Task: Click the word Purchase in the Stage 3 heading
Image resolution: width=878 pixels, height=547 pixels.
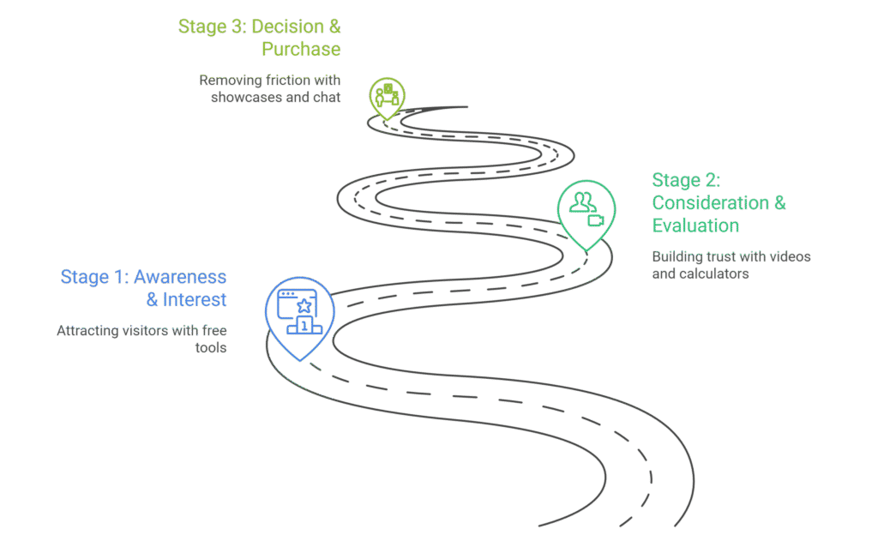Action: [301, 49]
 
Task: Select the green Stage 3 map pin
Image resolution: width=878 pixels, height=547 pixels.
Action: [387, 96]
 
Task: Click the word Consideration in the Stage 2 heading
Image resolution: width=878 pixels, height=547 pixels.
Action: [710, 203]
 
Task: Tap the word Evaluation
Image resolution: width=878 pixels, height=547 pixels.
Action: [695, 225]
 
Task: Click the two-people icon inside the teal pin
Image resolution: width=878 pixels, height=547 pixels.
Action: [582, 202]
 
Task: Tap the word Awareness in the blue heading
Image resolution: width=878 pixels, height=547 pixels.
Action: [180, 277]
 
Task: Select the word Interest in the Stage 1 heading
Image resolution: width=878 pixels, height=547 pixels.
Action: [195, 299]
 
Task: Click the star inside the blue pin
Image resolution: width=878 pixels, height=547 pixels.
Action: [303, 306]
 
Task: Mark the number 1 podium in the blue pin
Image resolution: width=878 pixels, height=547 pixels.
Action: [304, 326]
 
